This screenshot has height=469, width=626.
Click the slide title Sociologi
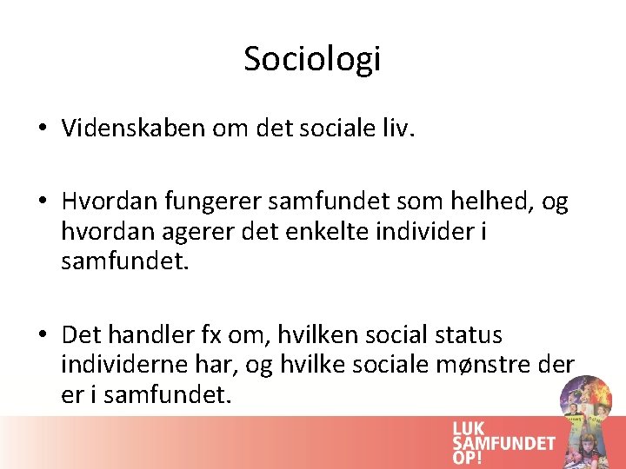[x=312, y=59]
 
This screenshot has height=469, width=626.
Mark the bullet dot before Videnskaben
[x=42, y=129]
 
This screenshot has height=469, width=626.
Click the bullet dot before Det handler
[x=42, y=335]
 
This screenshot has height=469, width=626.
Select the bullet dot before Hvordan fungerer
[x=42, y=203]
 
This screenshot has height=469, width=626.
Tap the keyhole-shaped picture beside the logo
[x=587, y=417]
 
